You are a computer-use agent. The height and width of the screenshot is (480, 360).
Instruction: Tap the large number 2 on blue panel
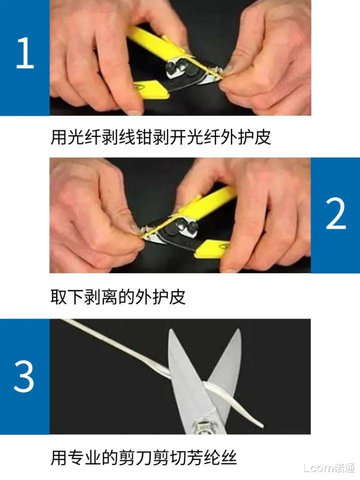(x=335, y=214)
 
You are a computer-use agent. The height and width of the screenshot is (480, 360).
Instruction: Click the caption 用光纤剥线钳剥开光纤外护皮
(x=160, y=136)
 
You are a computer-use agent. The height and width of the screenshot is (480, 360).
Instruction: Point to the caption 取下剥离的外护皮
(x=118, y=297)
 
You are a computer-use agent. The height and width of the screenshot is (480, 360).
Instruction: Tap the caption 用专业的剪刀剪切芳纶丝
(x=143, y=458)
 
